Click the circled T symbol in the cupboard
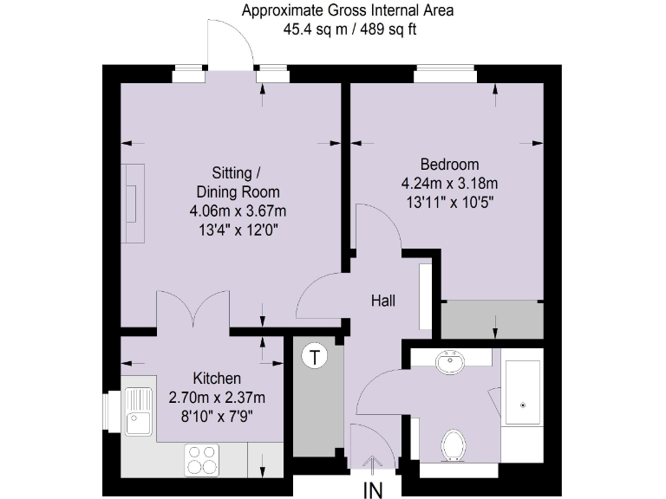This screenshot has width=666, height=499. [x=314, y=356]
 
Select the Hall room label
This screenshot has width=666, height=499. [x=382, y=301]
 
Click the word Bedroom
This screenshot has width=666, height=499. [x=449, y=165]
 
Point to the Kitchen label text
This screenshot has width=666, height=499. [x=217, y=379]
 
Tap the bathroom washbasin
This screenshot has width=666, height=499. [x=451, y=362]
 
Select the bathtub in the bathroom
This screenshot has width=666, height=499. [x=523, y=404]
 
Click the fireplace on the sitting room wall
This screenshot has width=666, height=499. [x=134, y=204]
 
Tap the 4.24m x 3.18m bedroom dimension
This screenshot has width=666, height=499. [x=449, y=184]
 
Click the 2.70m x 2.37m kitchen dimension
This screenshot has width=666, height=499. [x=217, y=398]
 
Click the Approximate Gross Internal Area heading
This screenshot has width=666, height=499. [x=347, y=11]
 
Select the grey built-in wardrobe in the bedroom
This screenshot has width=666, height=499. [x=492, y=320]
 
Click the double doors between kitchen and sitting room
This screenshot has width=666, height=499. [x=193, y=312]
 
